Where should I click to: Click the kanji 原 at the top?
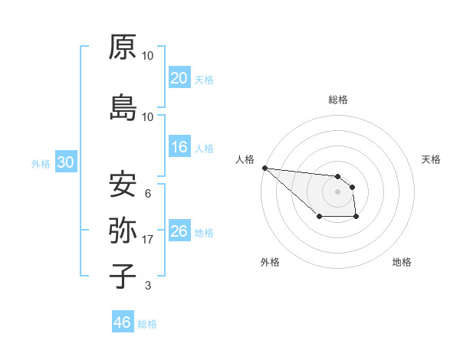pos(123,47)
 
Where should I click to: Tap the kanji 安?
pos(123,185)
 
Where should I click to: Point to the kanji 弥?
pos(123,231)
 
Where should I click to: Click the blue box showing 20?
pos(179,78)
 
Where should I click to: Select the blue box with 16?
pos(179,147)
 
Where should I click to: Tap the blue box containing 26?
pos(179,231)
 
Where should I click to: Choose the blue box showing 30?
pos(65,162)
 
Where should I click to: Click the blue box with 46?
pos(122,322)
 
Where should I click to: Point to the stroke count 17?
pos(148,240)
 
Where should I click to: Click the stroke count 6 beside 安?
pos(147,195)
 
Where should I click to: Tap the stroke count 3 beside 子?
pos(147,286)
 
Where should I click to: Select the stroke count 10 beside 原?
pos(148,56)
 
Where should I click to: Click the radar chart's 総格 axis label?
pos(338,100)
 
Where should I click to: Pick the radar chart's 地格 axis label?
pos(402,262)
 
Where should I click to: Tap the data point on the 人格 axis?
pos(264,168)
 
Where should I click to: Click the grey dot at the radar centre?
pos(337,191)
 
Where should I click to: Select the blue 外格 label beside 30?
pos(41,163)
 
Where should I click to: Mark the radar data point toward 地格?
pos(356,218)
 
